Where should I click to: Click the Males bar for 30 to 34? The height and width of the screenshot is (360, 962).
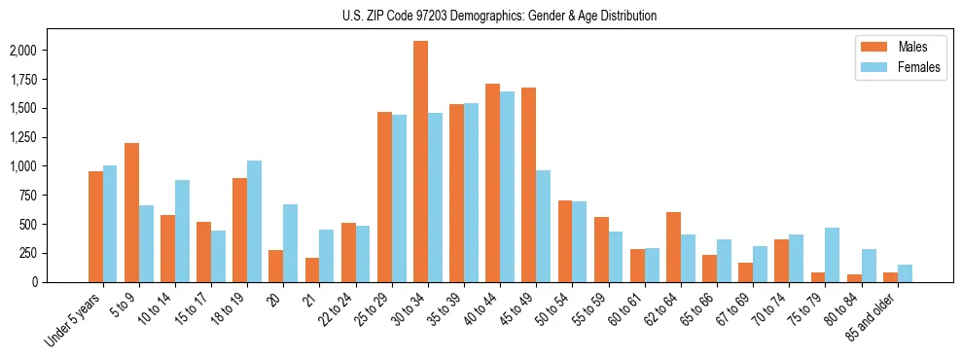click(x=420, y=162)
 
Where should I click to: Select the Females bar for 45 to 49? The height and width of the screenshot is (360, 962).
click(x=543, y=226)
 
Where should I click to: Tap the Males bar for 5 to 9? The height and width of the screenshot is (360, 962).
click(x=131, y=212)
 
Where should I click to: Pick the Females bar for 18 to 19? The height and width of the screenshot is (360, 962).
click(x=254, y=221)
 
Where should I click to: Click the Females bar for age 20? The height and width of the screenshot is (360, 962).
click(x=290, y=243)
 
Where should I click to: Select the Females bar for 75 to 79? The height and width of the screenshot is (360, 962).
click(x=832, y=255)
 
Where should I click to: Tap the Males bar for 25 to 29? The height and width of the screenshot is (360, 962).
click(x=384, y=197)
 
